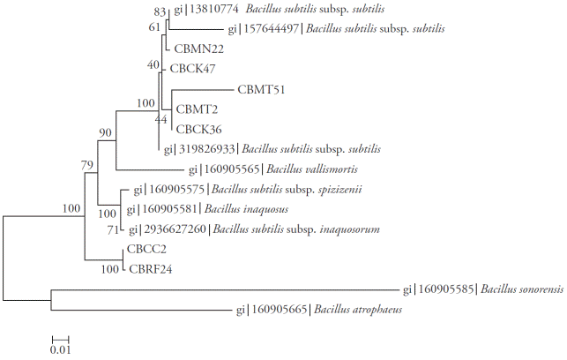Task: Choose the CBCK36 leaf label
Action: [198, 128]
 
